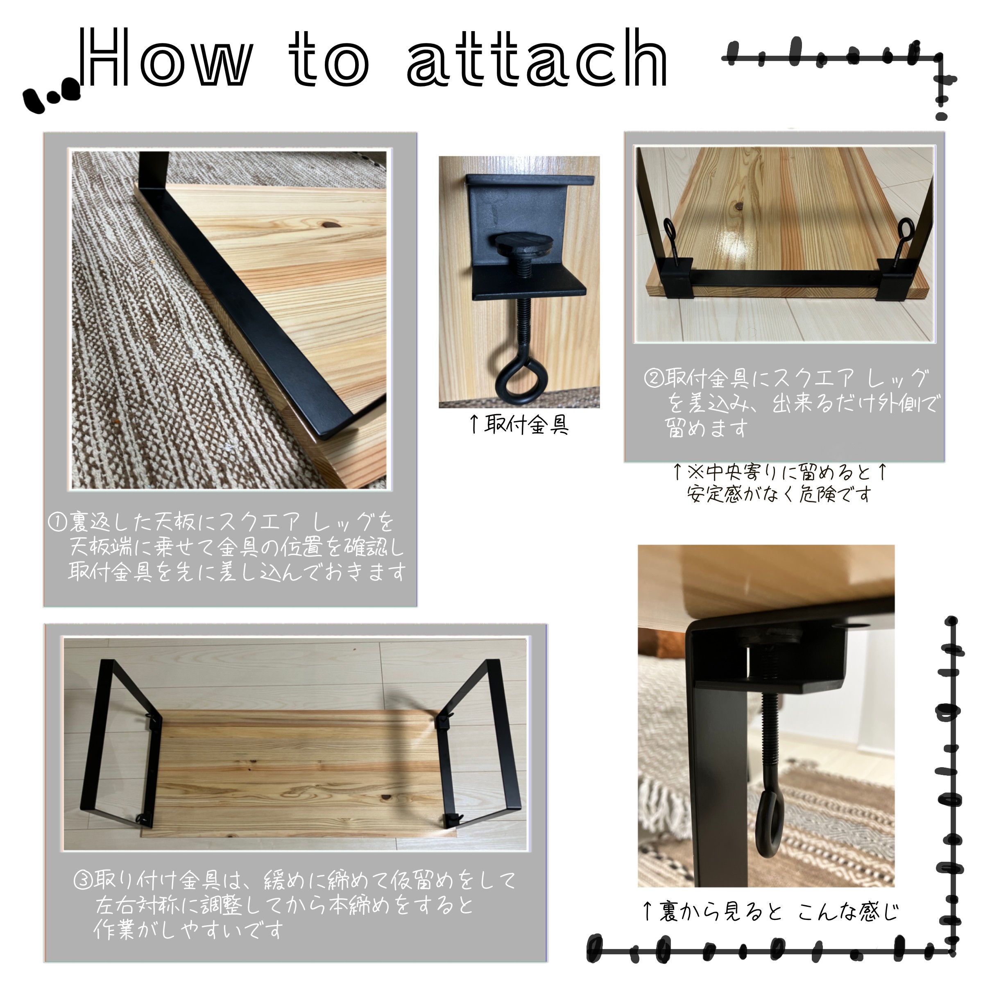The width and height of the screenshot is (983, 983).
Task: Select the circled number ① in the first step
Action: [57, 522]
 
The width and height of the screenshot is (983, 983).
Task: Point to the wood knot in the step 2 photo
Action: [738, 207]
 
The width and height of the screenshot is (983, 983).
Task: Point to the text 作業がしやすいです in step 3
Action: [188, 930]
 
